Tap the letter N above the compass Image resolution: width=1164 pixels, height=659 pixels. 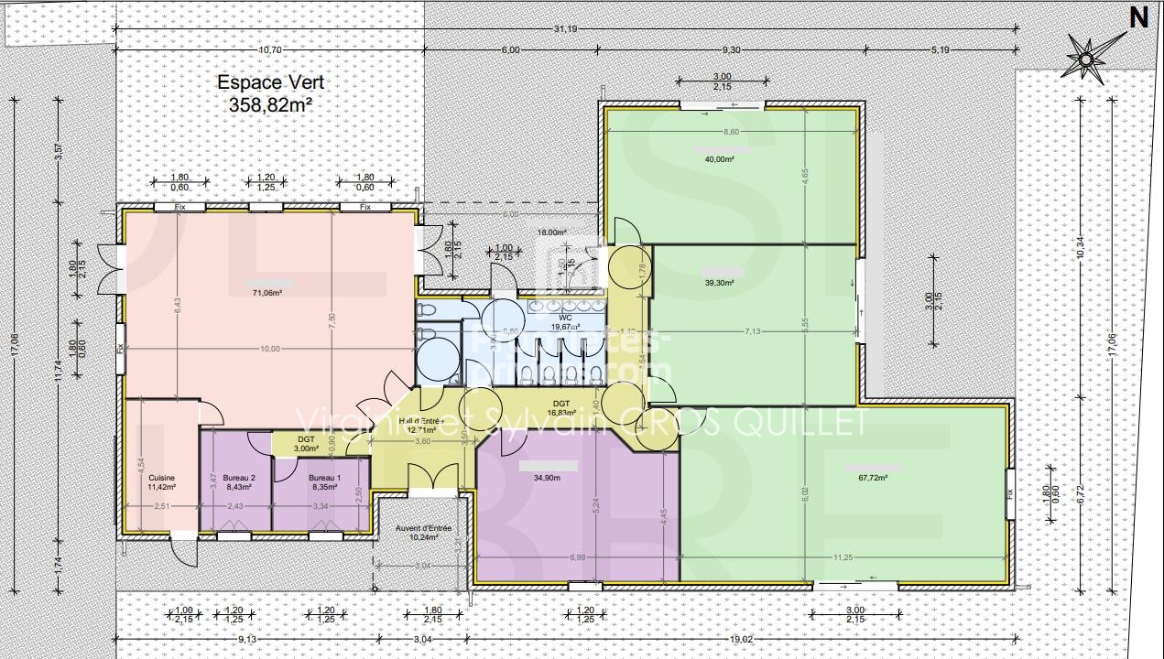[x=1138, y=16]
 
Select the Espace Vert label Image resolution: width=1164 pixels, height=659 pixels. [x=270, y=82]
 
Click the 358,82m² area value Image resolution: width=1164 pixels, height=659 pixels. [x=270, y=105]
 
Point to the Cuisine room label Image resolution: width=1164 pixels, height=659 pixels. [x=161, y=478]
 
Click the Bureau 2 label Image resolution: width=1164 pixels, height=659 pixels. [x=239, y=478]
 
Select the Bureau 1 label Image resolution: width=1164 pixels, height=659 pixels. [x=324, y=478]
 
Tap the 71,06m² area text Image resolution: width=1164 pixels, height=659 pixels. [x=267, y=293]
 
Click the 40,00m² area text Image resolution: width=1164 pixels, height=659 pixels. [x=719, y=159]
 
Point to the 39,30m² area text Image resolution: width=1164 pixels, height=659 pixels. [x=719, y=283]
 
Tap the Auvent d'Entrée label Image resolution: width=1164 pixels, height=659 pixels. [x=423, y=528]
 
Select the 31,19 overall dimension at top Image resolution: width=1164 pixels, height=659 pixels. [x=566, y=28]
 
